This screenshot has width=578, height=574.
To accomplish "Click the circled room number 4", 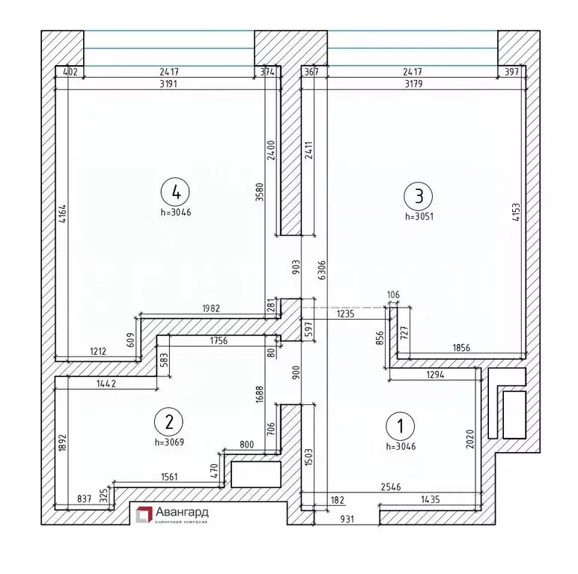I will point(176,192).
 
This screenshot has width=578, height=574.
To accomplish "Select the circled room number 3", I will point(418,197).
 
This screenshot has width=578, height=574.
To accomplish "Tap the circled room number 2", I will point(169,421).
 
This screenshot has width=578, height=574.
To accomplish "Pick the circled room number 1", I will point(399,427).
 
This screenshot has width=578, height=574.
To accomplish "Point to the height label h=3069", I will point(169,442).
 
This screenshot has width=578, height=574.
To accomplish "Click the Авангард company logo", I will point(171,514).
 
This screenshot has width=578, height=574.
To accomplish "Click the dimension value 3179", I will point(413,83).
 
